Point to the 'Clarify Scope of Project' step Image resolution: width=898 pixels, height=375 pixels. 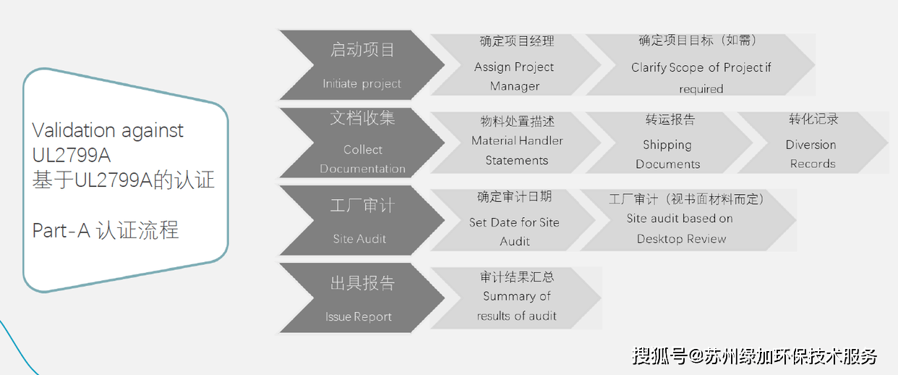[700, 67]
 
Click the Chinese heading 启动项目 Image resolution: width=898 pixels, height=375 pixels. [362, 50]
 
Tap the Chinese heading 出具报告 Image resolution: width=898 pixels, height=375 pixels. [362, 283]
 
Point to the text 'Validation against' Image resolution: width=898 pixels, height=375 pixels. [108, 131]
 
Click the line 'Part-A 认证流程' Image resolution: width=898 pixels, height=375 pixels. [106, 231]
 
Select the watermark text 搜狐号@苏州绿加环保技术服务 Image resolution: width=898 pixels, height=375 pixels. [755, 355]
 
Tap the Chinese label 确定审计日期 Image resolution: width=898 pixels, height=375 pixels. [514, 197]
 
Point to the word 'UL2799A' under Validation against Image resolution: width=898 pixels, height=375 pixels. [72, 156]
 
